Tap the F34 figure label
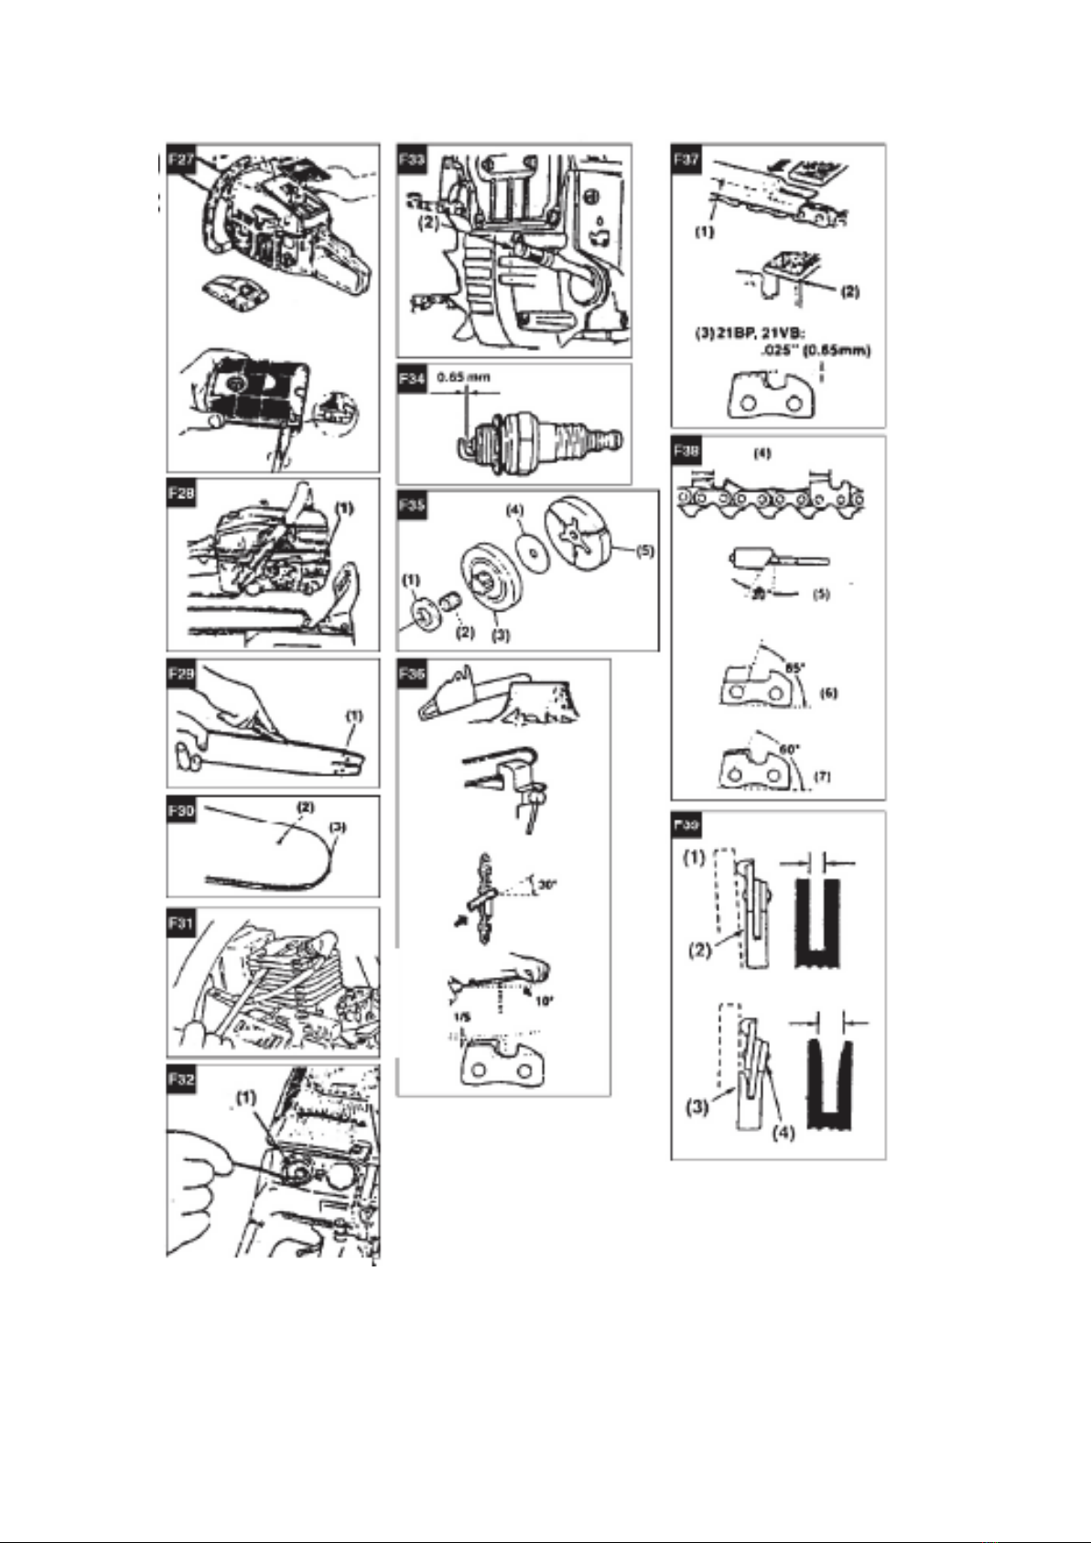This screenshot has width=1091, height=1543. tap(412, 377)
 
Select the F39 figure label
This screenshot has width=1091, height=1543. tap(687, 825)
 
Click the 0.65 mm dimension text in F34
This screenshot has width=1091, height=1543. tap(462, 376)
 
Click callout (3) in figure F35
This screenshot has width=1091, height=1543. tap(500, 634)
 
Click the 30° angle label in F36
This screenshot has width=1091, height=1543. tap(548, 886)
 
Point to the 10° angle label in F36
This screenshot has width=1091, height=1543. tap(544, 1001)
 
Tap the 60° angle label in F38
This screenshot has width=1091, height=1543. tap(786, 747)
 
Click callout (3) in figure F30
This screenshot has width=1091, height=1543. tap(338, 827)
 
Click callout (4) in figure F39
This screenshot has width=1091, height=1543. tap(783, 1132)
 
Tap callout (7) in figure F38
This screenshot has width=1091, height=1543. tap(823, 776)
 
